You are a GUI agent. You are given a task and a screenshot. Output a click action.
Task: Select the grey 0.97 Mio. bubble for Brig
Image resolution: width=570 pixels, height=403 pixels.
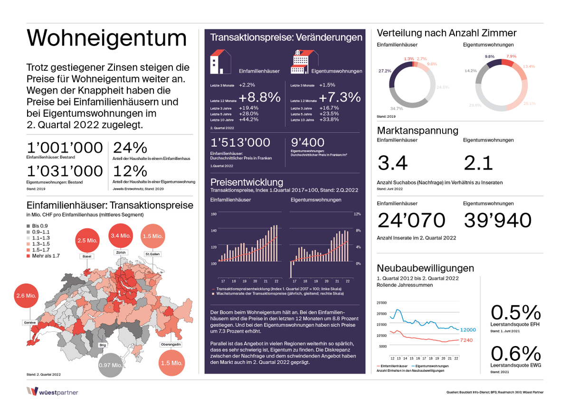[110, 366]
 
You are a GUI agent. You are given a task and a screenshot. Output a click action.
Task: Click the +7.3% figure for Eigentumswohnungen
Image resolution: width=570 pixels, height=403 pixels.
[340, 97]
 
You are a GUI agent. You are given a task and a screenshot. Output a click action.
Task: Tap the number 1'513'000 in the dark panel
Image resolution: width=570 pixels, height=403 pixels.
[240, 142]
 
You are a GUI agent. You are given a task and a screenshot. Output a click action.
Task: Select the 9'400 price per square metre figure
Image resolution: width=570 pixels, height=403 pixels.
[307, 142]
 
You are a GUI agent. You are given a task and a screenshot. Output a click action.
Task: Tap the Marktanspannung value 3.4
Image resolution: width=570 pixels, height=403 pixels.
[392, 163]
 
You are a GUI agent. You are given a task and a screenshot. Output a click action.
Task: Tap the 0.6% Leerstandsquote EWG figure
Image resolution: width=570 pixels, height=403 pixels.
[515, 354]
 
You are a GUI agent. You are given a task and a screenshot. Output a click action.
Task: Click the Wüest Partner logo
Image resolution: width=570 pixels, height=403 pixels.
[52, 392]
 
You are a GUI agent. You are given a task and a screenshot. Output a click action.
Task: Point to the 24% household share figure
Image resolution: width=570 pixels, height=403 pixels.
[130, 148]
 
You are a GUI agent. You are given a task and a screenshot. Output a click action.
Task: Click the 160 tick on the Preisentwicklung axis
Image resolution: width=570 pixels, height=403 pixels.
[213, 214]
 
